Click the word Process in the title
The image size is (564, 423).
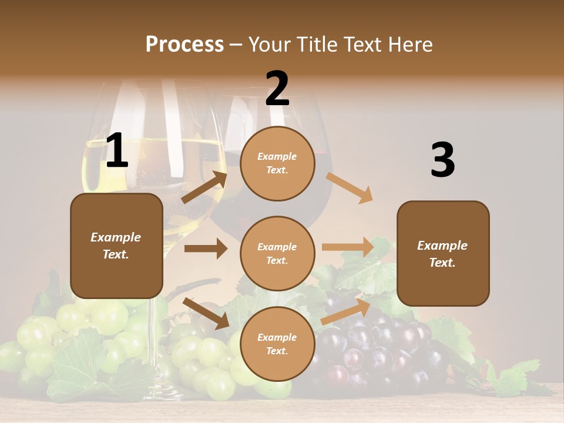click(x=184, y=45)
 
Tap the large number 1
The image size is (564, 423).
click(x=117, y=152)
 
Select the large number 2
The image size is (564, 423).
click(x=277, y=89)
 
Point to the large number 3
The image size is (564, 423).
click(x=442, y=160)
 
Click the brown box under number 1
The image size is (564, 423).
click(x=116, y=246)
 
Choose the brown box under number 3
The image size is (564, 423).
click(x=443, y=254)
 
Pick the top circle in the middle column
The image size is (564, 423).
click(x=277, y=163)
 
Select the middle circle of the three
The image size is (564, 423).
click(x=277, y=253)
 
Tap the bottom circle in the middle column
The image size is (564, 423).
click(x=277, y=344)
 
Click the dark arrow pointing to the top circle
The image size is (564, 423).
click(x=204, y=187)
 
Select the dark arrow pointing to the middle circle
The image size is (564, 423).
click(x=206, y=249)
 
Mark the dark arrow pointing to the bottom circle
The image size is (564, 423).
click(x=206, y=313)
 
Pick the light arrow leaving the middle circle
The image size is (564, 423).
click(x=348, y=247)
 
